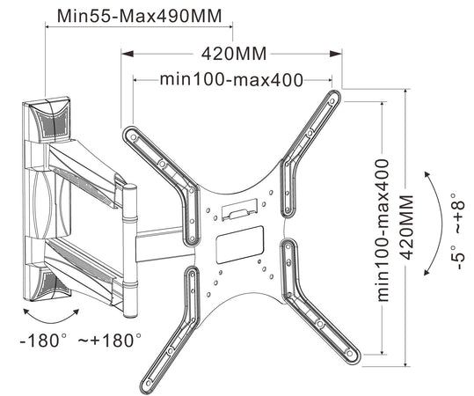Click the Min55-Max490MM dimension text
tap(139, 16)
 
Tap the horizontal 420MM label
tap(234, 55)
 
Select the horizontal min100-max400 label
tap(231, 80)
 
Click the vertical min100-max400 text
tap(383, 231)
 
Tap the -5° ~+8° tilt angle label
tap(457, 231)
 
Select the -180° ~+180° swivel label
tap(80, 340)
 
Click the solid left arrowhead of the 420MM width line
tap(128, 54)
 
